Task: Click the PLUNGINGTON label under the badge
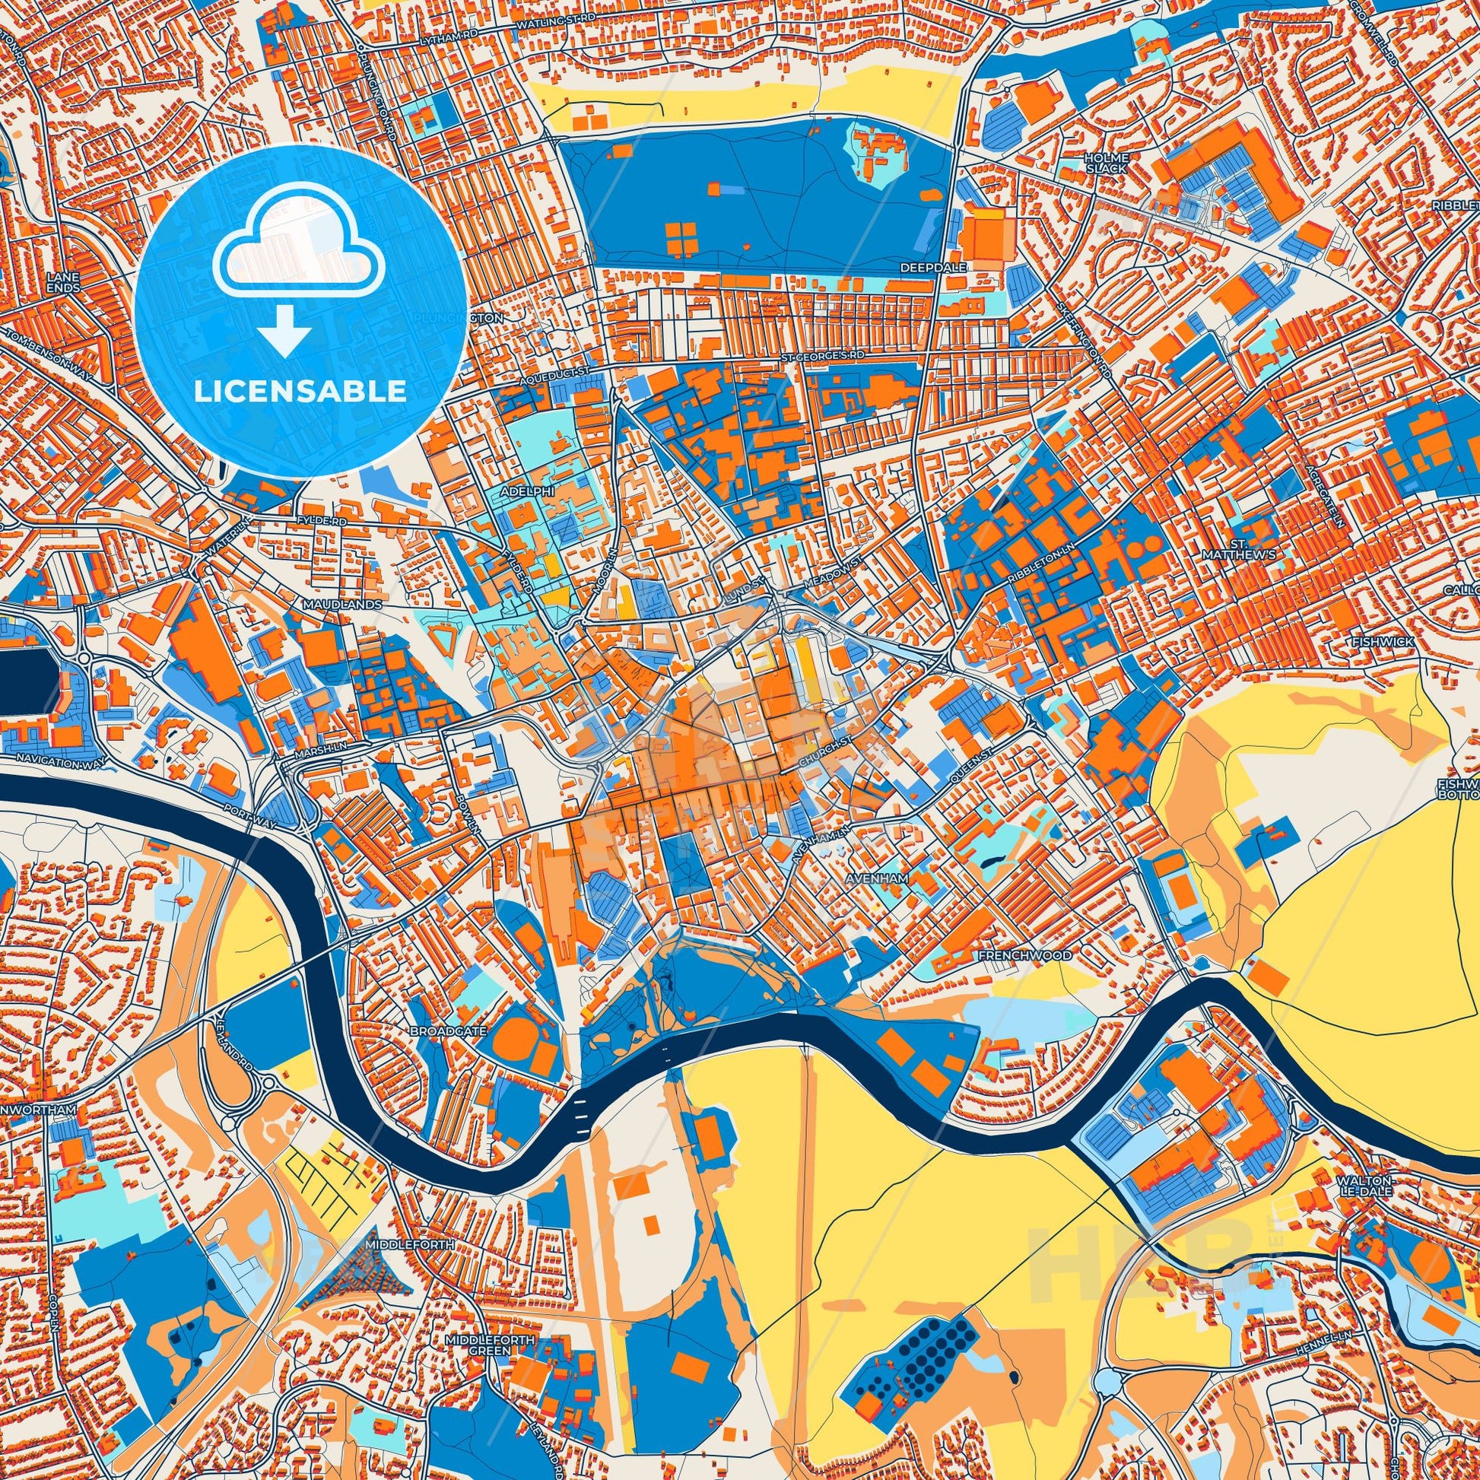point(457,317)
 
